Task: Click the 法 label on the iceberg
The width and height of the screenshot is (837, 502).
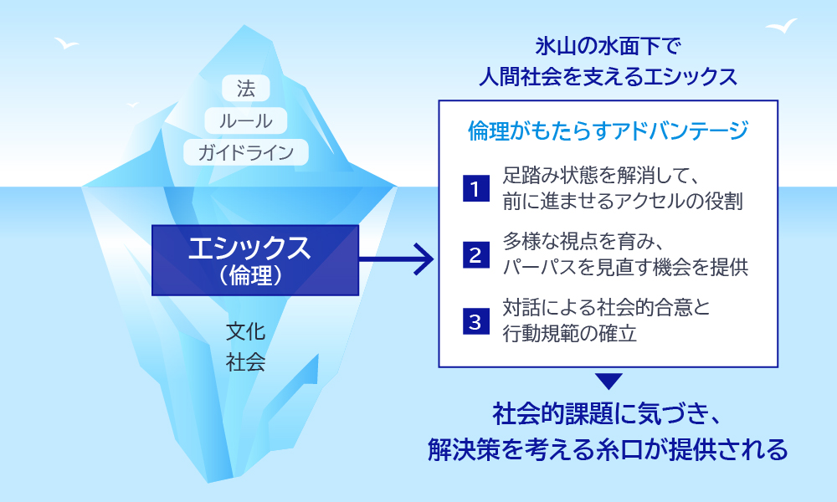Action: click(x=246, y=88)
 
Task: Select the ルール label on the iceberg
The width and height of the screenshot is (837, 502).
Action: click(x=246, y=120)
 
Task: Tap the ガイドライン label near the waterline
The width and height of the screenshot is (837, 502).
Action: click(x=246, y=151)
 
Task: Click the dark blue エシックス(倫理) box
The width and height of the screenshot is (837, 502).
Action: click(x=255, y=259)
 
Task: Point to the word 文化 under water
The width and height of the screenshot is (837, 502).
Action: click(x=246, y=332)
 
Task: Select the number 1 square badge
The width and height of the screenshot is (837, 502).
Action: click(x=475, y=189)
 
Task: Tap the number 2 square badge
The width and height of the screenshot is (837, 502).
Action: click(x=475, y=255)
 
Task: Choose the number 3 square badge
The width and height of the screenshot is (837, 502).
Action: click(x=475, y=321)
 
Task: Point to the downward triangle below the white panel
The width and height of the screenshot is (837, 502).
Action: click(x=610, y=382)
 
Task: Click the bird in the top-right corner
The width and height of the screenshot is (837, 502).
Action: click(x=780, y=26)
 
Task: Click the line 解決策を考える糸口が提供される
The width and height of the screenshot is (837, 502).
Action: click(x=608, y=449)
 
